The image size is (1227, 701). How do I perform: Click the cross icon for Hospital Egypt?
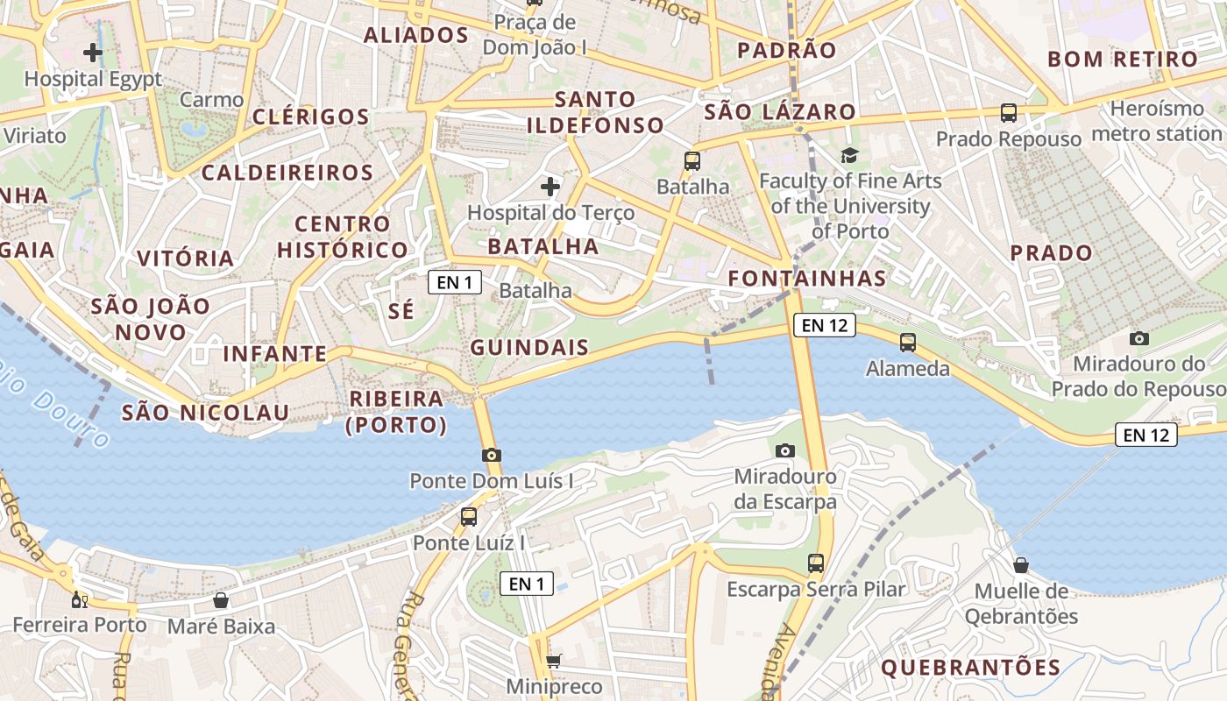click(92, 53)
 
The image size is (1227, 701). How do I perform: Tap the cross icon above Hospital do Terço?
click(550, 187)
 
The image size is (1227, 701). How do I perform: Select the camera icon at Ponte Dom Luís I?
click(492, 455)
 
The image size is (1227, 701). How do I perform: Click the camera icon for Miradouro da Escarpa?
click(785, 450)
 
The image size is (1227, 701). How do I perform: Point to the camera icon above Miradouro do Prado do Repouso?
click(1139, 338)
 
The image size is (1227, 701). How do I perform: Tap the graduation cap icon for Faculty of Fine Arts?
click(849, 156)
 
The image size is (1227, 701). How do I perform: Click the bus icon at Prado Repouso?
click(1009, 113)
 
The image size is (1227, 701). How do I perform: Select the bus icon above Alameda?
click(908, 343)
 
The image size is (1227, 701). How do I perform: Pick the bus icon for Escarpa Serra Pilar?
click(816, 563)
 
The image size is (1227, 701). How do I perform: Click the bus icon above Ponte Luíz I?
click(469, 517)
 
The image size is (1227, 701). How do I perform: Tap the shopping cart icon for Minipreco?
click(553, 661)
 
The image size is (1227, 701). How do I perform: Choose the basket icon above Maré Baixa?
click(221, 600)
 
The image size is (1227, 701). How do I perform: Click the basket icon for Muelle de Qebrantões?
click(1021, 565)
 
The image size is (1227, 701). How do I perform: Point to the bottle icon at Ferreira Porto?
click(79, 600)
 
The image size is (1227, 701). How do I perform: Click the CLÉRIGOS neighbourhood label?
click(311, 117)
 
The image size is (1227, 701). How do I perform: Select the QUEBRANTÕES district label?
click(970, 668)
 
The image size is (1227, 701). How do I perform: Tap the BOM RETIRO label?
click(1123, 60)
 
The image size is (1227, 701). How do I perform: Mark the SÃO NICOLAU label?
click(205, 413)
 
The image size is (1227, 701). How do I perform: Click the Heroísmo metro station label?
click(1157, 122)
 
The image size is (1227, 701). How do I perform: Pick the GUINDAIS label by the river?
click(529, 348)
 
